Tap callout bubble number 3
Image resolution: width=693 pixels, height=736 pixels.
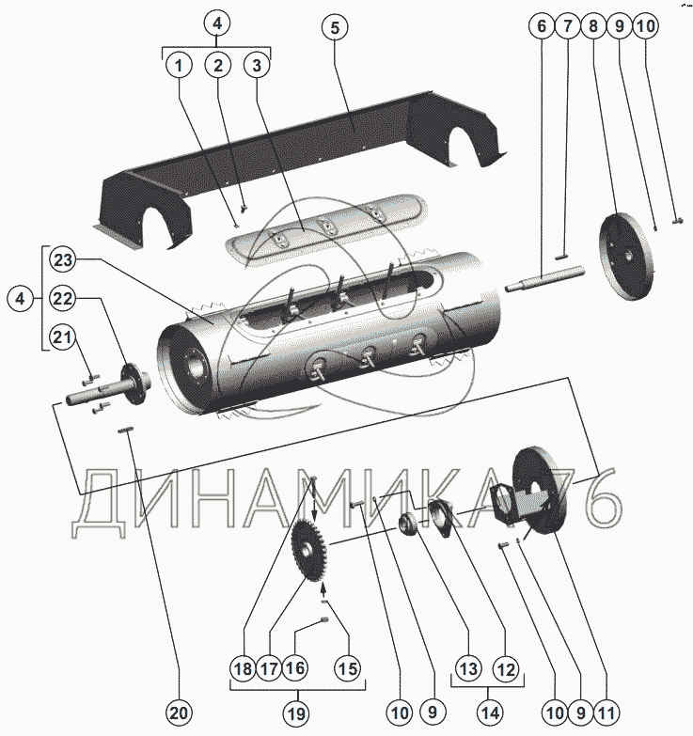click(256, 66)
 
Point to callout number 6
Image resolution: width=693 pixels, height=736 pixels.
click(542, 27)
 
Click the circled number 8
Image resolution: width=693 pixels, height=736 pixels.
click(593, 27)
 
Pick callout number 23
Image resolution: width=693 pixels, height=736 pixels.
click(63, 259)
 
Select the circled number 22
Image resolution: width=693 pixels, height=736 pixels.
click(63, 299)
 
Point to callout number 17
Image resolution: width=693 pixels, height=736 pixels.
click(269, 669)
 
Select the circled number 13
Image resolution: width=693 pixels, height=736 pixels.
click(467, 669)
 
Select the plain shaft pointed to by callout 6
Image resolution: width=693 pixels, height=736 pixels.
click(545, 280)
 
